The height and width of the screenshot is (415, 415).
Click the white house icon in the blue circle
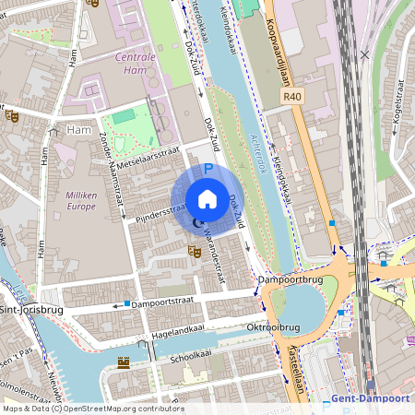(207, 199)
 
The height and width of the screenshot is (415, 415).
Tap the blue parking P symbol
(208, 170)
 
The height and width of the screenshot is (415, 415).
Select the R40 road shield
(293, 95)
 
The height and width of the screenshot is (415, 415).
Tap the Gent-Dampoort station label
(372, 398)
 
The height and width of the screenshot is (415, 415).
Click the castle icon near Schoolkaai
(124, 362)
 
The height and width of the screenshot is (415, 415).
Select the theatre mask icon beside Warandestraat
(194, 250)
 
